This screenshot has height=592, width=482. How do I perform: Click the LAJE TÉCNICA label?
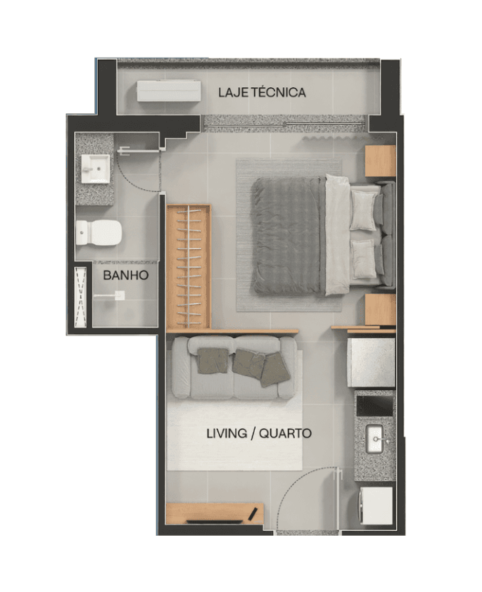pos(262,92)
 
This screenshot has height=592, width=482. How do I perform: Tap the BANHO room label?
pos(126,275)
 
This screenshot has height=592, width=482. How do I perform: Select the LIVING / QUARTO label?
pos(259,433)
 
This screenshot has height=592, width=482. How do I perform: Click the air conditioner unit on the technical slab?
pos(169,91)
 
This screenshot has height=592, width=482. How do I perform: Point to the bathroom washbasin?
pos(95,169)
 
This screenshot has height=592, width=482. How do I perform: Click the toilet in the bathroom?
pos(99,233)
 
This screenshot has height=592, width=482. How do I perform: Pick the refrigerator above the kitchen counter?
pos(372,363)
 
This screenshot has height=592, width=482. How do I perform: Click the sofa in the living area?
pos(232,367)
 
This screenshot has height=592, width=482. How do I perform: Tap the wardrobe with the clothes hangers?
pos(189,267)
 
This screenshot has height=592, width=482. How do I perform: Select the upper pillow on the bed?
pos(364,210)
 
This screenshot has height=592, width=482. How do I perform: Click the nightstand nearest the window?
pos(380,160)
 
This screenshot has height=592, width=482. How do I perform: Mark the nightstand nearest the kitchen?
pos(380,309)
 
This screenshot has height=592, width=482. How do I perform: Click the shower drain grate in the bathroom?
pos(81,297)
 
